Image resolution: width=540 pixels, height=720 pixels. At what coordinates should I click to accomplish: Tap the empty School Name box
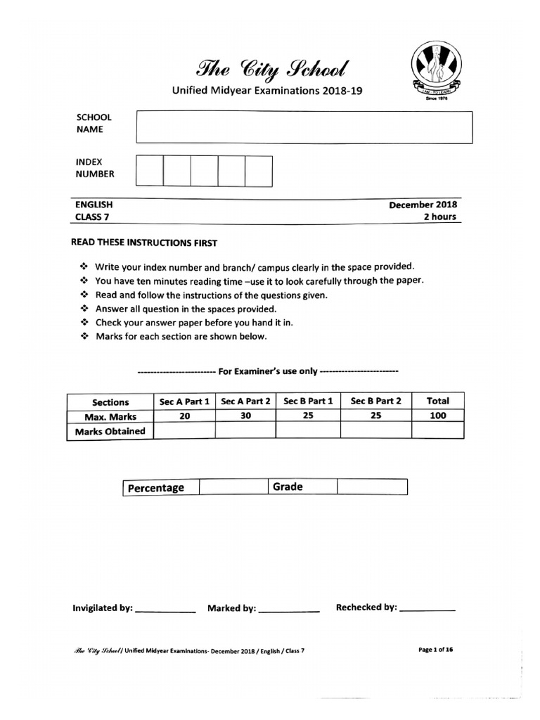click(x=304, y=127)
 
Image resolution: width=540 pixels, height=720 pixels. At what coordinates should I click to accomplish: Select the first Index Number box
click(x=149, y=171)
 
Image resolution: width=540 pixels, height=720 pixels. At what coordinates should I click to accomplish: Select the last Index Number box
click(x=258, y=171)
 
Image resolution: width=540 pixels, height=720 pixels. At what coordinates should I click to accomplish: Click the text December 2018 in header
click(x=423, y=205)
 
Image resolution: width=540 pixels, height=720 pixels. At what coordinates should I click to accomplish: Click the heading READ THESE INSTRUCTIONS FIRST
click(x=145, y=243)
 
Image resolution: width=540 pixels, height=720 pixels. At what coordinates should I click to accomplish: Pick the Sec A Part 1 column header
click(x=184, y=401)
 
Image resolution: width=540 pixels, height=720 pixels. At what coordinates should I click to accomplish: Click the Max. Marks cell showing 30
click(x=245, y=416)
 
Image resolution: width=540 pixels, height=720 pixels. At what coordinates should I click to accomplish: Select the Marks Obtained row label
click(x=110, y=431)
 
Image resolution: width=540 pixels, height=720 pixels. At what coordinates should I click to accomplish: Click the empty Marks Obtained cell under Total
click(x=437, y=431)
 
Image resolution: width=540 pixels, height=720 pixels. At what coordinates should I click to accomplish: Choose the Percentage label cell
click(x=161, y=488)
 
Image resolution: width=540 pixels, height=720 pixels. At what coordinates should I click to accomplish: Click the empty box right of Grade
click(x=372, y=487)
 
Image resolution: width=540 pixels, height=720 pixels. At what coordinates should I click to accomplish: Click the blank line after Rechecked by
click(x=427, y=609)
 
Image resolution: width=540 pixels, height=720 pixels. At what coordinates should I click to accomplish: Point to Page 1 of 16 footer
click(x=436, y=650)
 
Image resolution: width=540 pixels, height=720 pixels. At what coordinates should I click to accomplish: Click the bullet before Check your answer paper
click(x=83, y=323)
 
